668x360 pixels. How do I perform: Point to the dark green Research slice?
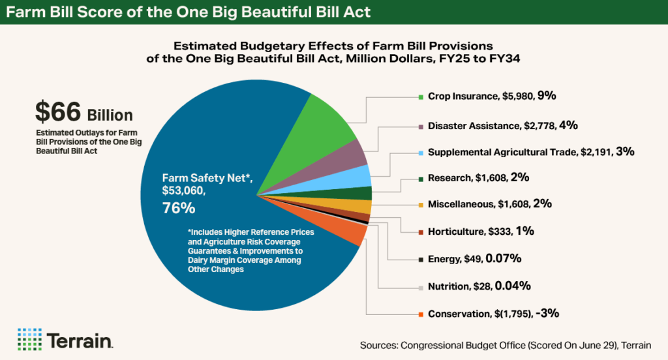(x=363, y=194)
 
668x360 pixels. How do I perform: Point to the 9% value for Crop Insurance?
(x=547, y=96)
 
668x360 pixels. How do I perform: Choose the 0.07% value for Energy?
(x=503, y=258)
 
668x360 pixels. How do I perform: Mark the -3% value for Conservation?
(x=549, y=314)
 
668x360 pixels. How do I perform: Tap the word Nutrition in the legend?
(x=447, y=286)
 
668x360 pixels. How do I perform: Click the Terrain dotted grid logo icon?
(x=29, y=339)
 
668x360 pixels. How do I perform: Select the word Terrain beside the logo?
(x=80, y=340)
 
